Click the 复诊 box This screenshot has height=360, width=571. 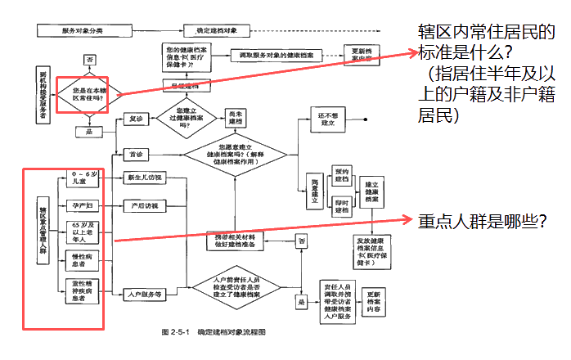pos(133,119)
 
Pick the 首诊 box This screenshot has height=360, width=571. pos(133,154)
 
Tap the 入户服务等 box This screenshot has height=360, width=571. pos(140,292)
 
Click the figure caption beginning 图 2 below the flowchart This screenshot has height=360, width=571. pos(214,333)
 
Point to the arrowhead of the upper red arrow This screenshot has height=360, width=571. pos(413,52)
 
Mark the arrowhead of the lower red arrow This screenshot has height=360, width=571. pos(413,219)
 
